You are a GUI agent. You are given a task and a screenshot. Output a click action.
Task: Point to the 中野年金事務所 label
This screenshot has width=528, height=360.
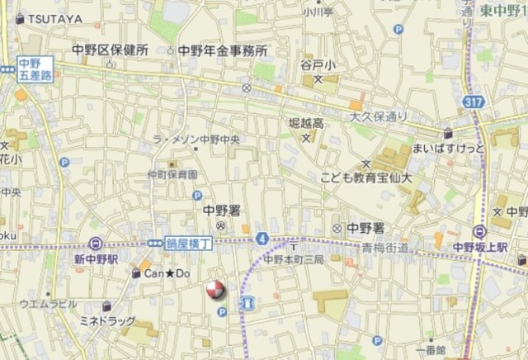pyautogui.click(x=223, y=50)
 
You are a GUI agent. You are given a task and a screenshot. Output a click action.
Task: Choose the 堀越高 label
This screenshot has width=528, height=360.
pyautogui.click(x=305, y=123)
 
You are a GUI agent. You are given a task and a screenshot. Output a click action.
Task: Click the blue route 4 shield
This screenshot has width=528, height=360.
pyautogui.click(x=262, y=239)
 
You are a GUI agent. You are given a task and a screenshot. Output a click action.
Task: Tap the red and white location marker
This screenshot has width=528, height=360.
pyautogui.click(x=214, y=290)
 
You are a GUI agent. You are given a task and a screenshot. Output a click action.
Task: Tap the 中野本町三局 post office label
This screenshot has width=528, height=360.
pyautogui.click(x=294, y=258)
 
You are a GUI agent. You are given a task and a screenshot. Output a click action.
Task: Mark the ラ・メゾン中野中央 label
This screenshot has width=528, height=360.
pyautogui.click(x=201, y=140)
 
